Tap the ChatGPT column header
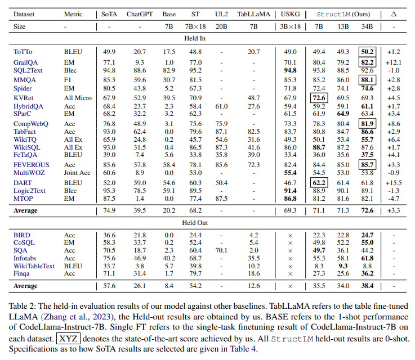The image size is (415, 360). (x=138, y=12)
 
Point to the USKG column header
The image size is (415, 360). (x=289, y=12)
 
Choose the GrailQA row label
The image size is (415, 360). (x=25, y=62)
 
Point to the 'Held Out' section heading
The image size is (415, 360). (x=207, y=223)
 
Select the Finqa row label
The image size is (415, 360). (x=23, y=273)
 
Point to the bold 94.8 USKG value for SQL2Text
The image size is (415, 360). (x=289, y=70)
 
